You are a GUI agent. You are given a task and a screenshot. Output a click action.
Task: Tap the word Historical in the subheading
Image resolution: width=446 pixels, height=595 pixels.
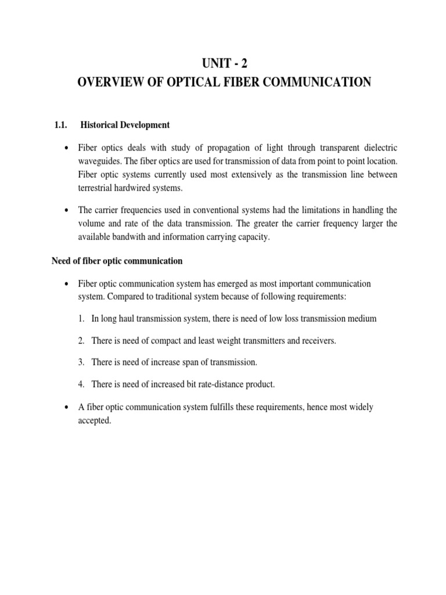tap(100, 124)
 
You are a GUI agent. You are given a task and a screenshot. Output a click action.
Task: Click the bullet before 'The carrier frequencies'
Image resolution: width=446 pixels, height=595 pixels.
tap(69, 210)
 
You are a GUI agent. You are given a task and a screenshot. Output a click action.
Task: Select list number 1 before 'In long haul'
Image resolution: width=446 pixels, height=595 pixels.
tap(81, 318)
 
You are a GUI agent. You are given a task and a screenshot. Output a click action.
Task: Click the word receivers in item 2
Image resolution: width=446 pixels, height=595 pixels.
tap(318, 340)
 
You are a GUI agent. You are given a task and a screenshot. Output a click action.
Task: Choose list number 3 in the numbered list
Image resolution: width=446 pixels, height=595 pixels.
tap(81, 363)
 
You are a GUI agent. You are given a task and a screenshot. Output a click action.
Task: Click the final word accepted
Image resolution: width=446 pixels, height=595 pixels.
tap(94, 420)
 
